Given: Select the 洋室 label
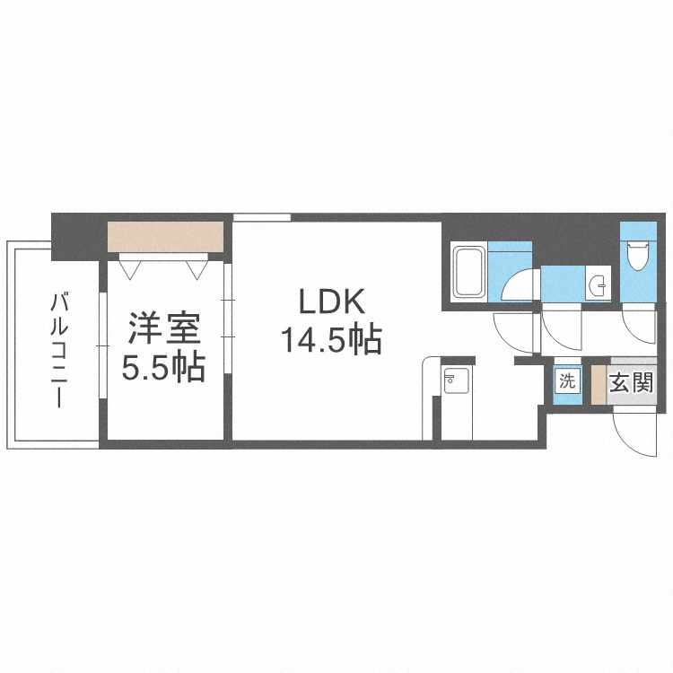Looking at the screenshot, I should (162, 328).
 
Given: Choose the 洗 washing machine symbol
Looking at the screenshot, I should (567, 380).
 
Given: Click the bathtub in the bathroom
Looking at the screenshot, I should (469, 271).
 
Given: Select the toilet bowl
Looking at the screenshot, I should (638, 255).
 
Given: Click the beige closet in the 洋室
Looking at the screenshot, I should (165, 236).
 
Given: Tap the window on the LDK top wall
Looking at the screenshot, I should (262, 217).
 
